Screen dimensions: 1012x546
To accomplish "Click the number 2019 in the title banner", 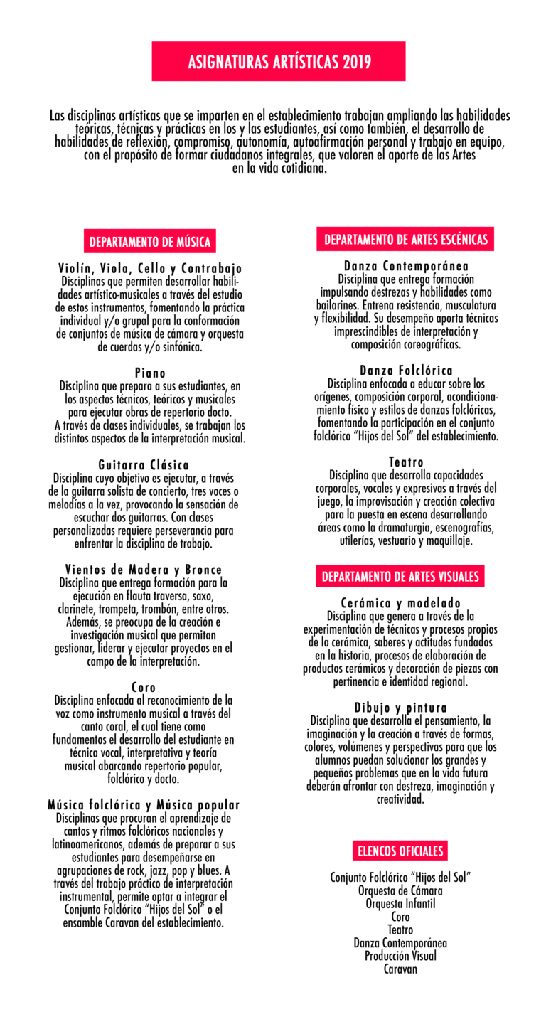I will pyautogui.click(x=356, y=63).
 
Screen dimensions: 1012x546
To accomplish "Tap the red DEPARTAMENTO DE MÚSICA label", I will pyautogui.click(x=150, y=242).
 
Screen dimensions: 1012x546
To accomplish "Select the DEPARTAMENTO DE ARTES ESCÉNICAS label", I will pyautogui.click(x=406, y=240).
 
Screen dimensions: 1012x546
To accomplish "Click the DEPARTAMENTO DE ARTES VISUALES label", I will pyautogui.click(x=400, y=576).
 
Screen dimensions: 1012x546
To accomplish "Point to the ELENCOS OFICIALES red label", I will pyautogui.click(x=400, y=851).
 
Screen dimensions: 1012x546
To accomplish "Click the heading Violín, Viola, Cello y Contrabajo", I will pyautogui.click(x=150, y=269).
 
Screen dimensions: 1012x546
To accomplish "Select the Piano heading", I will pyautogui.click(x=150, y=373).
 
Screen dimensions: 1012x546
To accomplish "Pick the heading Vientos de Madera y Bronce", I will pyautogui.click(x=144, y=570).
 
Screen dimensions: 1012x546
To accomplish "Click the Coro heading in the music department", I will pyautogui.click(x=144, y=687).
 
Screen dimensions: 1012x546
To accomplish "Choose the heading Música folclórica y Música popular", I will pyautogui.click(x=144, y=805).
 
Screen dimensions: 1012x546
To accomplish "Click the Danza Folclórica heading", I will pyautogui.click(x=406, y=371).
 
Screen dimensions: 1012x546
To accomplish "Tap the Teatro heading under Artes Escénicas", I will pyautogui.click(x=406, y=462).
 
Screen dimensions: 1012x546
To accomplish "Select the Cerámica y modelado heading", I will pyautogui.click(x=400, y=603).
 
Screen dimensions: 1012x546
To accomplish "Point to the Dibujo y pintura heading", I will pyautogui.click(x=400, y=708).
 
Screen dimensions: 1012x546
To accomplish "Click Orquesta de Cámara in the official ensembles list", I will pyautogui.click(x=400, y=890).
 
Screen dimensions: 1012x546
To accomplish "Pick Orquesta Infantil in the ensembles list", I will pyautogui.click(x=400, y=903).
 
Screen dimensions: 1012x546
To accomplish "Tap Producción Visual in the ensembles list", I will pyautogui.click(x=400, y=956).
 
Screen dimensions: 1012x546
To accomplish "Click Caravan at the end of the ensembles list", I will pyautogui.click(x=400, y=969).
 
